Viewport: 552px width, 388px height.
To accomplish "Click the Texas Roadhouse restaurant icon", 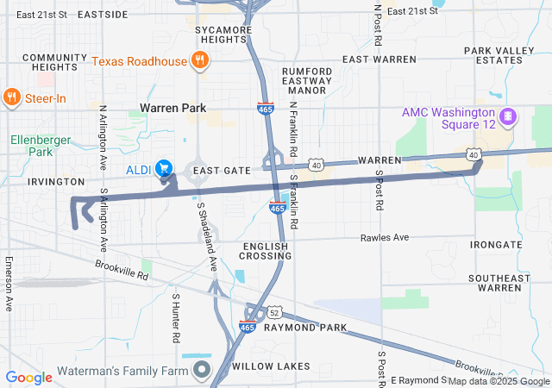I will tap(200, 60).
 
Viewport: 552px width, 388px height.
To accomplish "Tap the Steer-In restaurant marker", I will tap(12, 97).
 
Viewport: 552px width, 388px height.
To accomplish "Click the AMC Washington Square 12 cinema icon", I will tap(508, 115).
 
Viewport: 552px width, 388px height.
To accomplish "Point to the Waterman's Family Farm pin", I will tap(202, 371).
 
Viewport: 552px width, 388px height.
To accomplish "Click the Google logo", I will tap(28, 378).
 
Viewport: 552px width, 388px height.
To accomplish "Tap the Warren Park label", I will tap(173, 109).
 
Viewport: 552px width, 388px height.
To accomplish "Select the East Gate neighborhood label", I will tap(221, 171).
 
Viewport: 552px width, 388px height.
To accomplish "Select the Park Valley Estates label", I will tap(499, 55).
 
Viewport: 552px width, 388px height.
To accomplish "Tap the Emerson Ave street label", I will tap(9, 285).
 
